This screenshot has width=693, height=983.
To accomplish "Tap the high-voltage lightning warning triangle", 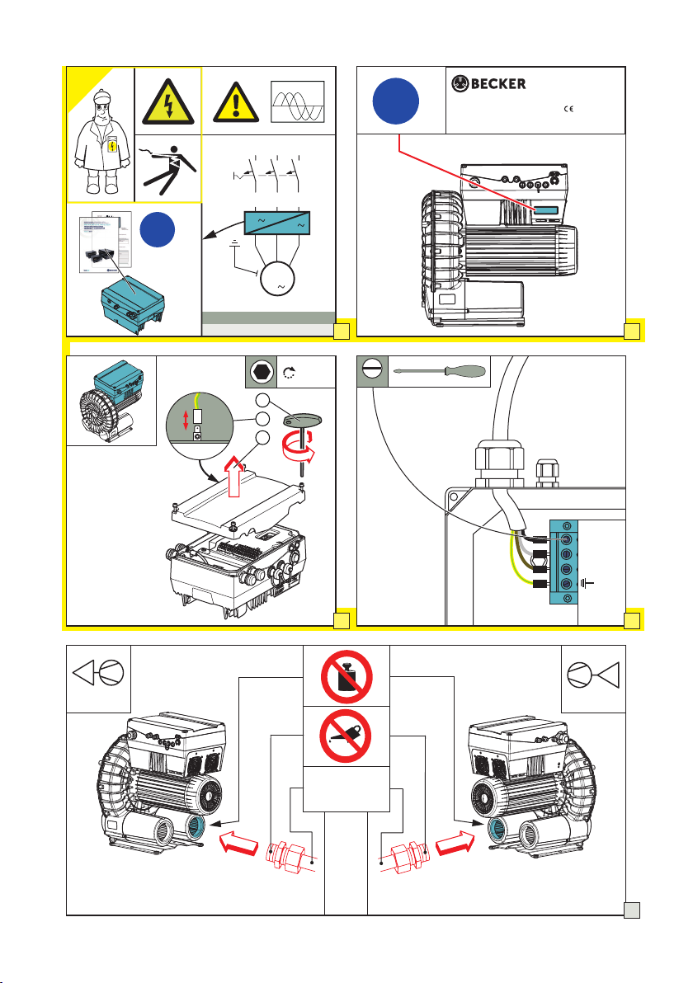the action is (167, 103).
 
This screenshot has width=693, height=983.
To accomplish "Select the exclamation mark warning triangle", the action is (236, 102).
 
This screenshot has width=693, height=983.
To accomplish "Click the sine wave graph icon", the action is (298, 101).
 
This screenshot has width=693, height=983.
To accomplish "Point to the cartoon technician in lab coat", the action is (101, 143).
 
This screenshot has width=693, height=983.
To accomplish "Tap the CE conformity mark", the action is (568, 109).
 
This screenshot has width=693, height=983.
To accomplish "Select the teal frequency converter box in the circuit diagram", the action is (276, 223).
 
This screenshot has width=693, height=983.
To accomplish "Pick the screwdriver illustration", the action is (439, 371).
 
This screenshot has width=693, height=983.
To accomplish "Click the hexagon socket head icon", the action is (260, 373).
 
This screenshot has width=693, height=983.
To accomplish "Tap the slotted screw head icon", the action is (373, 372).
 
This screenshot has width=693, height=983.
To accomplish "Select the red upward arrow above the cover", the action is (234, 477).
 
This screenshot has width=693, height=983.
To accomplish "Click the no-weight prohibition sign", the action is (346, 677).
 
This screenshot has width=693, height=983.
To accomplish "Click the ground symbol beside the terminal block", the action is (587, 584).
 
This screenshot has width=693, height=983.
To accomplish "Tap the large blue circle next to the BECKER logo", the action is (396, 101).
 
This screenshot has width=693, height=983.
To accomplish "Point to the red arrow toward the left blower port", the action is (239, 843).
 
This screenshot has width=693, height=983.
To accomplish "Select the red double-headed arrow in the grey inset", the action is (186, 420).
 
